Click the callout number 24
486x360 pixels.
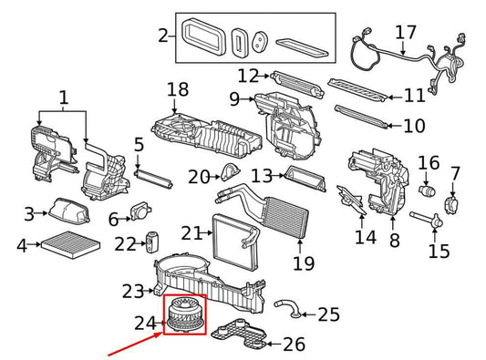click(145, 324)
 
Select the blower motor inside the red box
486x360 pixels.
click(185, 314)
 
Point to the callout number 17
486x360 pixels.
click(406, 33)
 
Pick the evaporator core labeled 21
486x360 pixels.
click(235, 241)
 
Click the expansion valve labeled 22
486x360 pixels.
click(151, 242)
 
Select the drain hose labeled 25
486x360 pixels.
click(287, 308)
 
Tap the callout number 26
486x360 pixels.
click(295, 345)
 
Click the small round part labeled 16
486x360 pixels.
click(427, 190)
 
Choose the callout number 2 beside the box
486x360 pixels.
click(163, 36)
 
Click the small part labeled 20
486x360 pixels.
click(231, 173)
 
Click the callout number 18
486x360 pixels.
click(178, 89)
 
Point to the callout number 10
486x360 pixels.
click(414, 126)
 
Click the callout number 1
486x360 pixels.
click(63, 97)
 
